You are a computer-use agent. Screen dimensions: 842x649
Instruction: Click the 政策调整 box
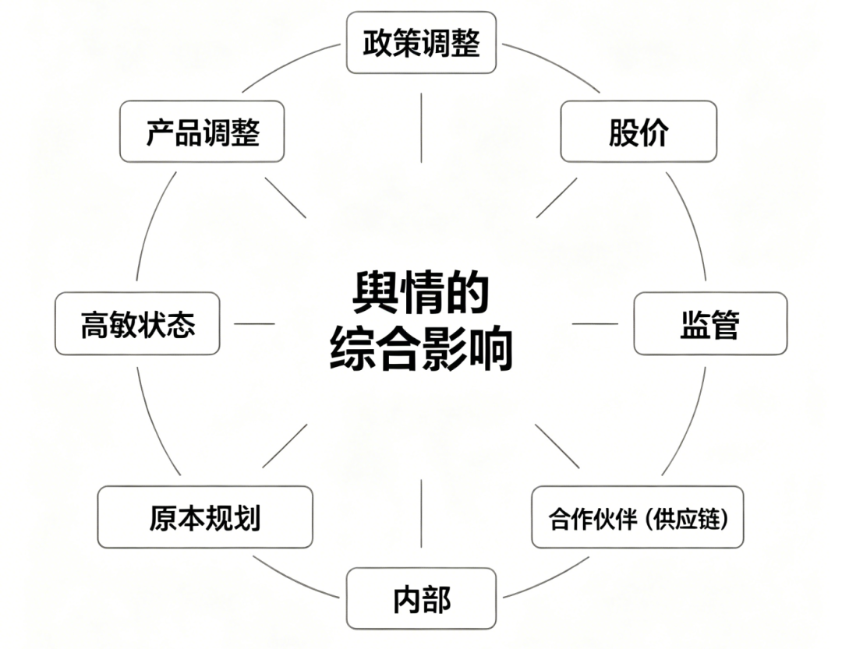pyautogui.click(x=421, y=42)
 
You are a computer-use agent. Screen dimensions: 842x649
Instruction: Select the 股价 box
pyautogui.click(x=639, y=132)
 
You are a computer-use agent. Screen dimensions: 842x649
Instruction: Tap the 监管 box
pyautogui.click(x=710, y=323)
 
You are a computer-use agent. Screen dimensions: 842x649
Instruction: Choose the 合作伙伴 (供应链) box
pyautogui.click(x=638, y=517)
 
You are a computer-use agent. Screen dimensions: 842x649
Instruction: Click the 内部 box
pyautogui.click(x=421, y=598)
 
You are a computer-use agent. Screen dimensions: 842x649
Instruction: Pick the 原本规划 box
pyautogui.click(x=205, y=517)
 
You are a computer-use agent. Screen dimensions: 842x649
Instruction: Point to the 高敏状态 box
pyautogui.click(x=137, y=323)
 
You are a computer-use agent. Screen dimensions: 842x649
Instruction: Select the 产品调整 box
pyautogui.click(x=202, y=132)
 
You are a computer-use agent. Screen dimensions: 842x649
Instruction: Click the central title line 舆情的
pyautogui.click(x=420, y=292)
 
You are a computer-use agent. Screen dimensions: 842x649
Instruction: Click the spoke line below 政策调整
pyautogui.click(x=421, y=128)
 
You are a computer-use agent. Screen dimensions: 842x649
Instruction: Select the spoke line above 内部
pyautogui.click(x=421, y=513)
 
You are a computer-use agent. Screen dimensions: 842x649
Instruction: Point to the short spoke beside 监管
pyautogui.click(x=595, y=323)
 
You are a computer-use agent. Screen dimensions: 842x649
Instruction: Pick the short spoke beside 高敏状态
pyautogui.click(x=254, y=323)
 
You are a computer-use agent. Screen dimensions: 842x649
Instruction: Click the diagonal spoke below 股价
pyautogui.click(x=557, y=198)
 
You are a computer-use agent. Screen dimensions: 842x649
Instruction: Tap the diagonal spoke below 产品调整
pyautogui.click(x=285, y=198)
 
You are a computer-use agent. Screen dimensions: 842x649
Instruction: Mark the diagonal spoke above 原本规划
pyautogui.click(x=285, y=446)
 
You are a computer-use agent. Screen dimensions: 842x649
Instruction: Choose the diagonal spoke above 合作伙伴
pyautogui.click(x=557, y=446)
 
